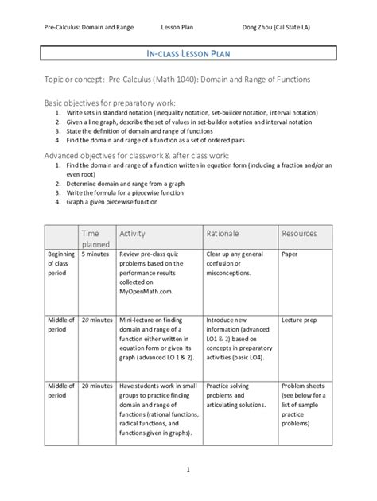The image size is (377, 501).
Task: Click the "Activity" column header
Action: pyautogui.click(x=133, y=234)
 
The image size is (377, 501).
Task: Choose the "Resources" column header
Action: pyautogui.click(x=300, y=234)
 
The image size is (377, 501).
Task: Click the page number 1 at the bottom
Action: pyautogui.click(x=188, y=469)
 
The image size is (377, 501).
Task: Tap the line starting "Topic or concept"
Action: pyautogui.click(x=188, y=81)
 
